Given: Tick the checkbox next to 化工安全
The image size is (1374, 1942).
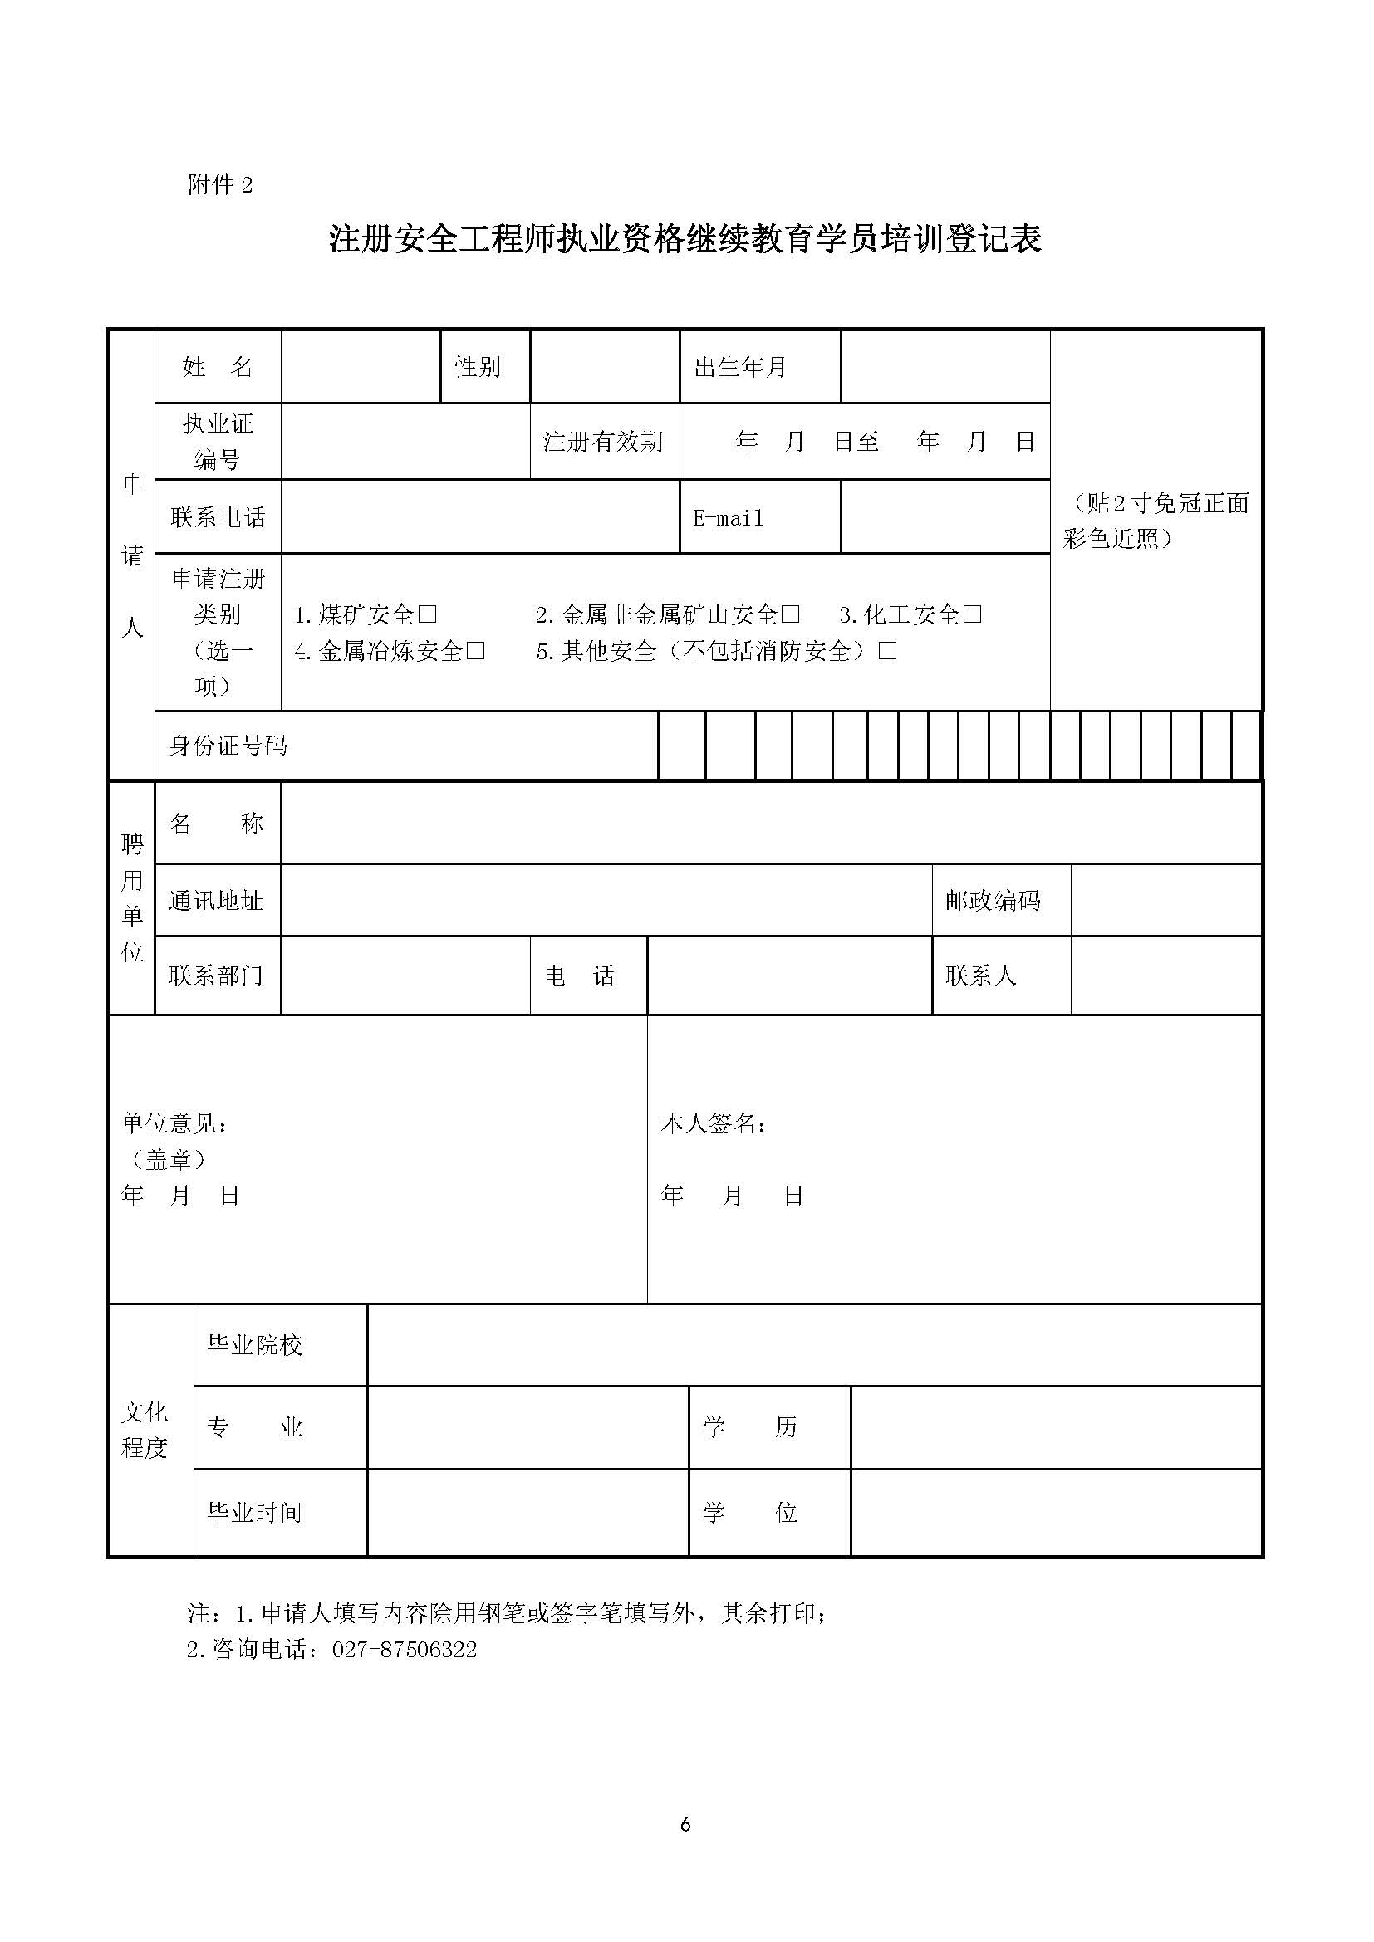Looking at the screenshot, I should click(x=972, y=615).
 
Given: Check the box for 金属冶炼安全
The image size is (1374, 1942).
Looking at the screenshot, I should click(x=475, y=650).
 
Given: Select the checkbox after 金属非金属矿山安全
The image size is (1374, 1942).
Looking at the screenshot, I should click(x=790, y=615).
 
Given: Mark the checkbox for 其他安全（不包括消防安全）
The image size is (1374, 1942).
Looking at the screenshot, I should click(x=887, y=650).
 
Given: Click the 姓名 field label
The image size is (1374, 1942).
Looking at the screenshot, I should click(x=218, y=367).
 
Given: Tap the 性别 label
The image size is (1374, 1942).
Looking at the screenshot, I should click(x=478, y=367).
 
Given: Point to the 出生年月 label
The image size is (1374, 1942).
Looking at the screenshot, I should click(x=740, y=367).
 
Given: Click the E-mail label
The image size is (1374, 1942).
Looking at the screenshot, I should click(x=729, y=517).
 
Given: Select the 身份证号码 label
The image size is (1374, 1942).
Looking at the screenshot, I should click(x=228, y=745).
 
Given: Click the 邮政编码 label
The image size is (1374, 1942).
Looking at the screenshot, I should click(x=993, y=901).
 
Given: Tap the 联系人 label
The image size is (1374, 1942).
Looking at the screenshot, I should click(x=980, y=976).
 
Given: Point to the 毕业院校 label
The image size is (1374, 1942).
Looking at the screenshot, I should click(x=255, y=1345).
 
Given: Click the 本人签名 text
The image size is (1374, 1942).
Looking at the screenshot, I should click(x=714, y=1123).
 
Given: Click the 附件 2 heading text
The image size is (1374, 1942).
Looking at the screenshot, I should click(x=220, y=184).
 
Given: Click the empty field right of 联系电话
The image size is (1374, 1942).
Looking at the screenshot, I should click(x=479, y=516).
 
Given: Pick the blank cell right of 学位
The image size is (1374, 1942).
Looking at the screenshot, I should click(x=1056, y=1512).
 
